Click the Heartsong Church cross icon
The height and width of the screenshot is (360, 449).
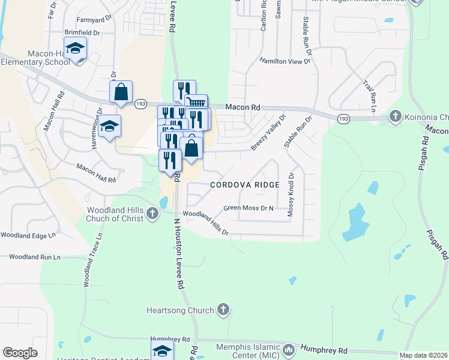[x=223, y=310]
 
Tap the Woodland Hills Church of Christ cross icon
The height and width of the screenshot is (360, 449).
[x=153, y=212]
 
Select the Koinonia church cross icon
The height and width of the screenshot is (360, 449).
[x=395, y=116]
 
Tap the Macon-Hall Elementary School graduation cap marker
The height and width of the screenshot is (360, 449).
[x=75, y=48]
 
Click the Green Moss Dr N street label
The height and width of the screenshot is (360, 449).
[x=248, y=208]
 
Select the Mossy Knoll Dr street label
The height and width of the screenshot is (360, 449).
[x=291, y=194]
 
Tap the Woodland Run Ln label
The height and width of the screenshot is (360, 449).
[x=35, y=257]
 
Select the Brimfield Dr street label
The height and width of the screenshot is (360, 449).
[x=82, y=32]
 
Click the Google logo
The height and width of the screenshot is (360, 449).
[x=20, y=353]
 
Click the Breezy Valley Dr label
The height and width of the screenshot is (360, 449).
[x=268, y=132]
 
